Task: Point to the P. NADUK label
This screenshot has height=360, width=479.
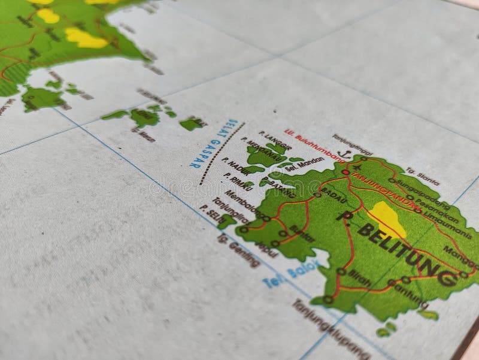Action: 235,167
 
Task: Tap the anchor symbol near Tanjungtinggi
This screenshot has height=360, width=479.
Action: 342,154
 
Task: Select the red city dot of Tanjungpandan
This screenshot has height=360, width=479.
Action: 346,173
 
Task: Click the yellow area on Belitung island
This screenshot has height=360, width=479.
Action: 388,219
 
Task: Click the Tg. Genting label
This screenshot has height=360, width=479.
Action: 239,250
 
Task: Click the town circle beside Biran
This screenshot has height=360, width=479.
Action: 340,271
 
